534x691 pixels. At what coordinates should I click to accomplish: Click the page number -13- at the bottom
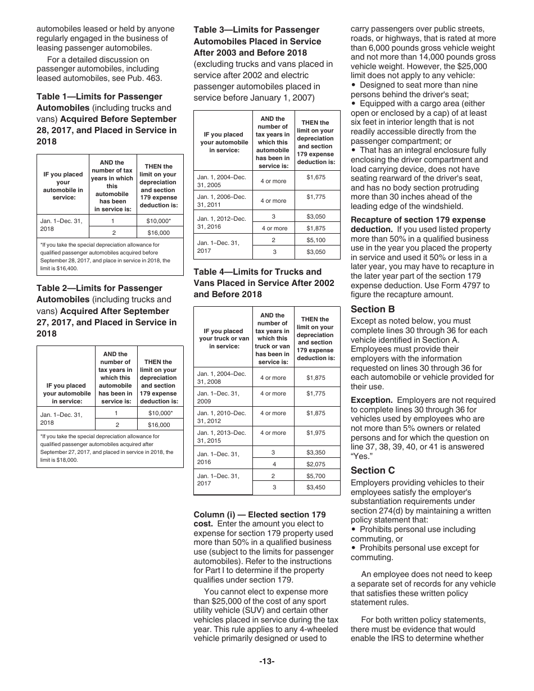click(x=266, y=661)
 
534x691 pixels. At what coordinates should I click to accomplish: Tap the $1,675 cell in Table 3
click(x=315, y=177)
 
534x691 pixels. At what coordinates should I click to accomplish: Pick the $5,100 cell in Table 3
click(x=315, y=240)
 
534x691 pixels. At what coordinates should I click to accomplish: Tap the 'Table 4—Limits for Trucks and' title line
click(x=257, y=271)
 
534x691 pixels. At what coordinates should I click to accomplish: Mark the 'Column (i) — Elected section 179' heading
click(x=259, y=515)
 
